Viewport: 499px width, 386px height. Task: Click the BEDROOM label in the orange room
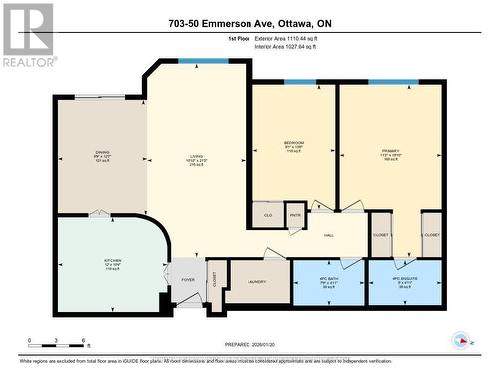pyautogui.click(x=293, y=142)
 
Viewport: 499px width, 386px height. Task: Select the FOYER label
pyautogui.click(x=186, y=280)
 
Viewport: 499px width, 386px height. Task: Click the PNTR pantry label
pyautogui.click(x=295, y=214)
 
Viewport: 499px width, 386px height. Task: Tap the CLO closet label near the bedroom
pyautogui.click(x=268, y=215)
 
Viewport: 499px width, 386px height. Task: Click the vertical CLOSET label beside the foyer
pyautogui.click(x=215, y=280)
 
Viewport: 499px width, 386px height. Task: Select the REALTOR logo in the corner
pyautogui.click(x=27, y=35)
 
